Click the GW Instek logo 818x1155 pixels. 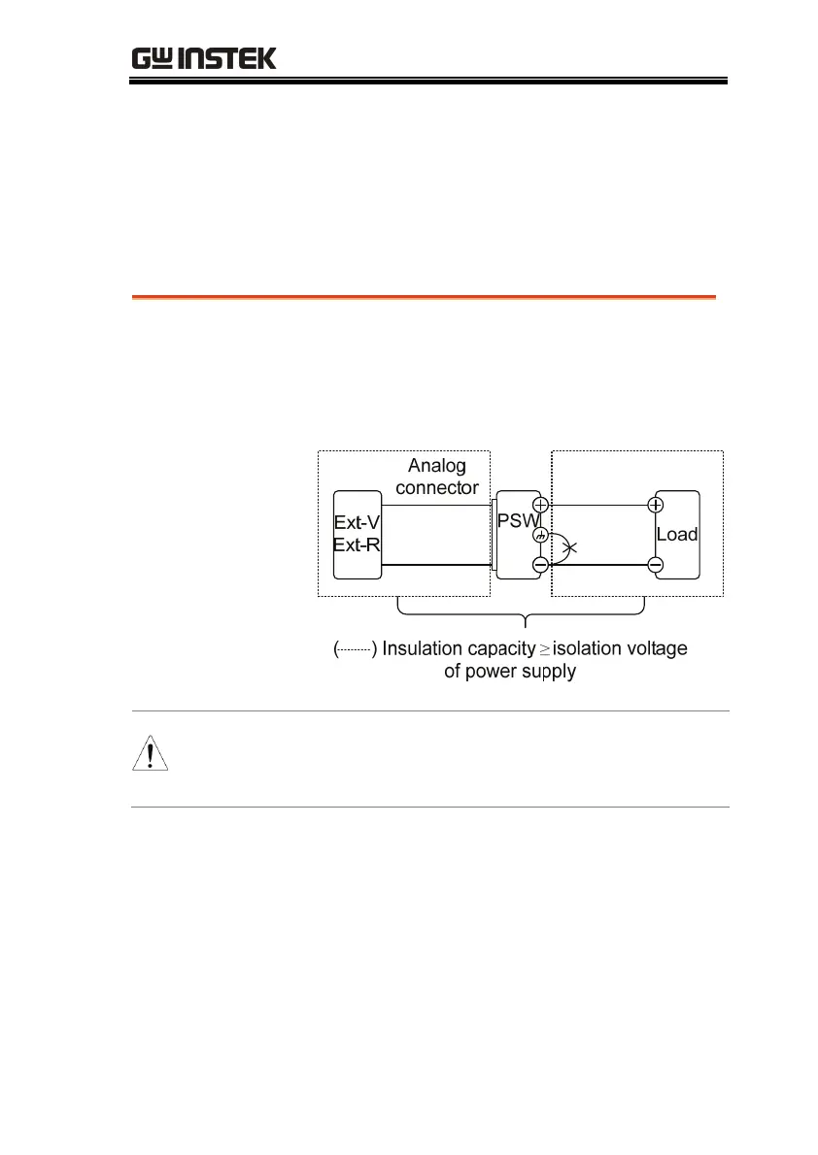[x=204, y=58]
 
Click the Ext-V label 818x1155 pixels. [x=357, y=523]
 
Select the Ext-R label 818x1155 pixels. [x=357, y=544]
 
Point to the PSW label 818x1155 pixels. [x=515, y=520]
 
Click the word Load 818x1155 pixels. [x=677, y=534]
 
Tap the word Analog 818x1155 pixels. [x=437, y=466]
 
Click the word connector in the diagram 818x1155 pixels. [x=437, y=486]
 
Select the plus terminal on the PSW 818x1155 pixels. [x=541, y=505]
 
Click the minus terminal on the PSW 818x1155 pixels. [x=541, y=565]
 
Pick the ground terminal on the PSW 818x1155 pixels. [x=541, y=535]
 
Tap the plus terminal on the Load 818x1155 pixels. [x=656, y=505]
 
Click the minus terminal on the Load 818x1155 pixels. [x=656, y=565]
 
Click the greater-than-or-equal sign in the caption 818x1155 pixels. [x=545, y=649]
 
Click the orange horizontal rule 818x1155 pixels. [x=424, y=297]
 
